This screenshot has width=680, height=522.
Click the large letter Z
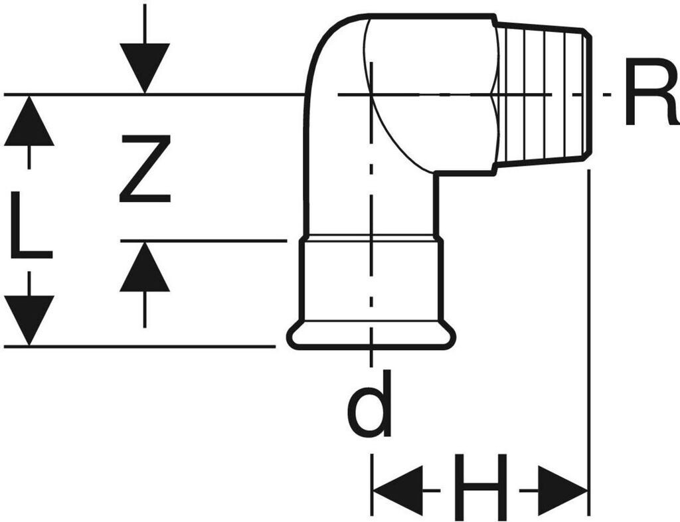click(x=145, y=169)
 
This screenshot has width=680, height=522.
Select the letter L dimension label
click(x=31, y=224)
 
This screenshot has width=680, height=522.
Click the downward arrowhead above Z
click(x=145, y=68)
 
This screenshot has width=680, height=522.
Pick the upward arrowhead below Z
click(x=145, y=266)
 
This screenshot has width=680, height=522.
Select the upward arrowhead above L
click(x=29, y=120)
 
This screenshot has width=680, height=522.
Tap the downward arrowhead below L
click(x=29, y=321)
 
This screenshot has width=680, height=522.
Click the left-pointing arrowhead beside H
click(x=398, y=491)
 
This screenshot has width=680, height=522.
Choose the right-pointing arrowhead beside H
click(x=562, y=491)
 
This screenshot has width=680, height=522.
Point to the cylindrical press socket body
click(x=371, y=280)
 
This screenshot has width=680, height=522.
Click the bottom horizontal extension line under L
click(x=139, y=347)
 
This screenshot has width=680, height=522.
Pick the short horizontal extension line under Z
click(x=203, y=240)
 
